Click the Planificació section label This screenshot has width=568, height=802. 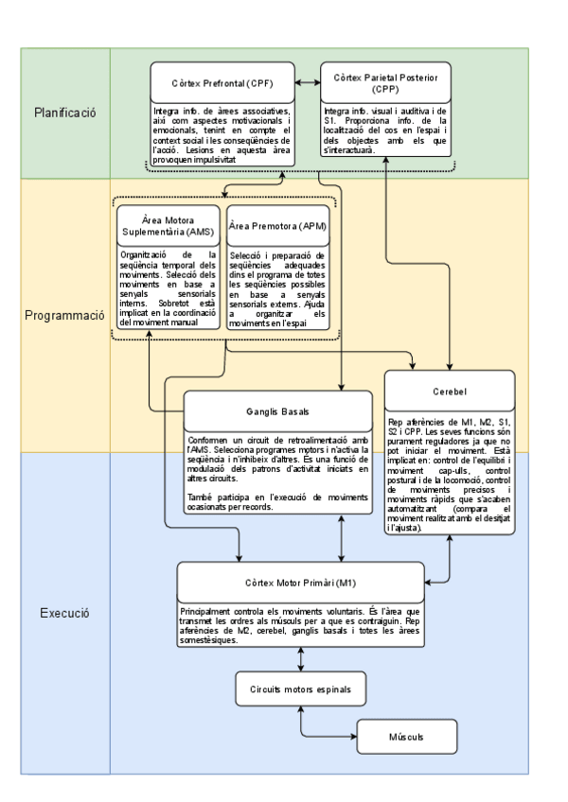(x=65, y=113)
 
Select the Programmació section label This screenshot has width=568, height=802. (x=65, y=316)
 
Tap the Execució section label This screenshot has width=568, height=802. (x=65, y=613)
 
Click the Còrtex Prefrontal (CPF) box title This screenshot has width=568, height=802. (x=222, y=82)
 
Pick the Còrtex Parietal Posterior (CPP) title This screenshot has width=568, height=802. (x=385, y=82)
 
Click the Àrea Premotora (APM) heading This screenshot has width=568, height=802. (x=278, y=226)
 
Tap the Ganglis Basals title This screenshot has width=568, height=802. (x=277, y=412)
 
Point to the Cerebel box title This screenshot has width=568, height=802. (x=450, y=392)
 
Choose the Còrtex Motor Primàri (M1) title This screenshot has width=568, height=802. (x=299, y=584)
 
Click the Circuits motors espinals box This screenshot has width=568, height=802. (x=300, y=688)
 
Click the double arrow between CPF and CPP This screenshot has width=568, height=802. (x=308, y=83)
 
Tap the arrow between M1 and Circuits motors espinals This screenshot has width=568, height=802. (x=300, y=653)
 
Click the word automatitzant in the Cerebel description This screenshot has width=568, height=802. (x=417, y=507)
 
